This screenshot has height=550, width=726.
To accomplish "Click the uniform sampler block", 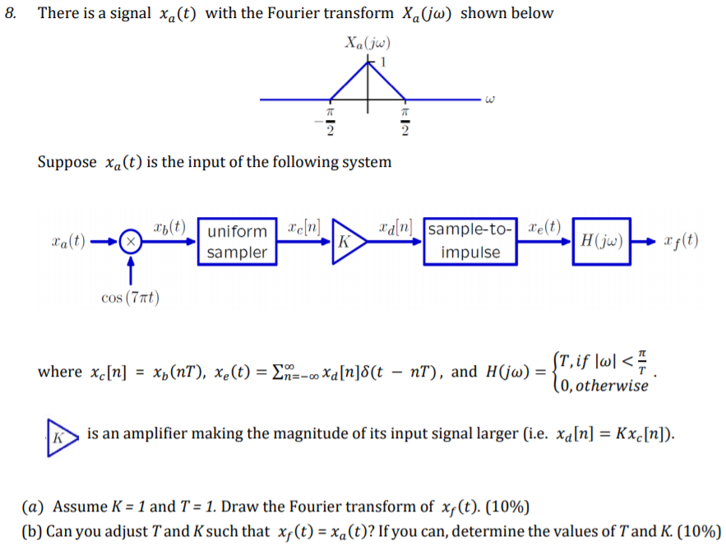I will click(x=238, y=242).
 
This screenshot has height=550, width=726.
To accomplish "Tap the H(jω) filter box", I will click(x=600, y=242).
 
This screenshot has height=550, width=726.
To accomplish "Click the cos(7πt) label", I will click(x=130, y=297).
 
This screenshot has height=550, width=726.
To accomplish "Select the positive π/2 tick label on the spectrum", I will click(x=405, y=121).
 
